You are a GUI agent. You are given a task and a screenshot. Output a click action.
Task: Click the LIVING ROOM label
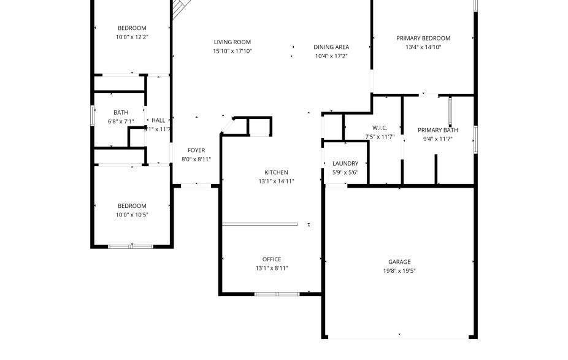point(232,42)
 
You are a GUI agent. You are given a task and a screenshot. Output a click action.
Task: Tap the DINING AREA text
point(331,47)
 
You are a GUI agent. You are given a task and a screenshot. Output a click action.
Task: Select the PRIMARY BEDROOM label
point(423,38)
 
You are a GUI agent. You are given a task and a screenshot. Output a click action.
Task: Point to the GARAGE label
point(399,262)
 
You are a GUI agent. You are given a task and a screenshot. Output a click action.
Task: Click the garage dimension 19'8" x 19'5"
point(399,270)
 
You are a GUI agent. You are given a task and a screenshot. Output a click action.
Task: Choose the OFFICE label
point(272,259)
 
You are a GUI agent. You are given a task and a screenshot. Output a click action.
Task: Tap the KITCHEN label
point(276,172)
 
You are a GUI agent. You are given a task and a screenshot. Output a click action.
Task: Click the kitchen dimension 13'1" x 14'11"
point(276,181)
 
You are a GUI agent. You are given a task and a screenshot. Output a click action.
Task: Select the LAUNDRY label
point(345,164)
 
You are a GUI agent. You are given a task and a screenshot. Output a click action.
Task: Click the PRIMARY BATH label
point(438,130)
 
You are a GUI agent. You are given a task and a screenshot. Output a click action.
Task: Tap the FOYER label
point(196,150)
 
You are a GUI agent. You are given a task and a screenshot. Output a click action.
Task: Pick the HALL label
point(158,120)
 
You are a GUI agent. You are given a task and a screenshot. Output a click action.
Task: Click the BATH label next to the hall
point(121,112)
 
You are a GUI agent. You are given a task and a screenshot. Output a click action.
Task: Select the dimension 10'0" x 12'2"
point(132,37)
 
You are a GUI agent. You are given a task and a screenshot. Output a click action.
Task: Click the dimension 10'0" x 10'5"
point(132,215)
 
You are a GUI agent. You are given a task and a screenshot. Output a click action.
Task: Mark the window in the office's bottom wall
point(277,294)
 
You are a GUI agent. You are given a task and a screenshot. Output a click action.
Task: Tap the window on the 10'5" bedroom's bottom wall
point(131,247)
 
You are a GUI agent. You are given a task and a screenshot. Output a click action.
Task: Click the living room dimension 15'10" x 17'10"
point(232,51)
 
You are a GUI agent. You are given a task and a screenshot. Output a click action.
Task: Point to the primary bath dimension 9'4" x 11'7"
point(438,139)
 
